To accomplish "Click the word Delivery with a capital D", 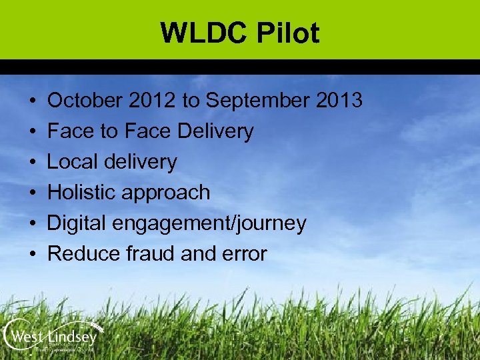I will (215, 132).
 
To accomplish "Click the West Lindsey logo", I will (51, 336).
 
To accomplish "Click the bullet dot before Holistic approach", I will (33, 193).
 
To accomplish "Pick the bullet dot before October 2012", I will (33, 101).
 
